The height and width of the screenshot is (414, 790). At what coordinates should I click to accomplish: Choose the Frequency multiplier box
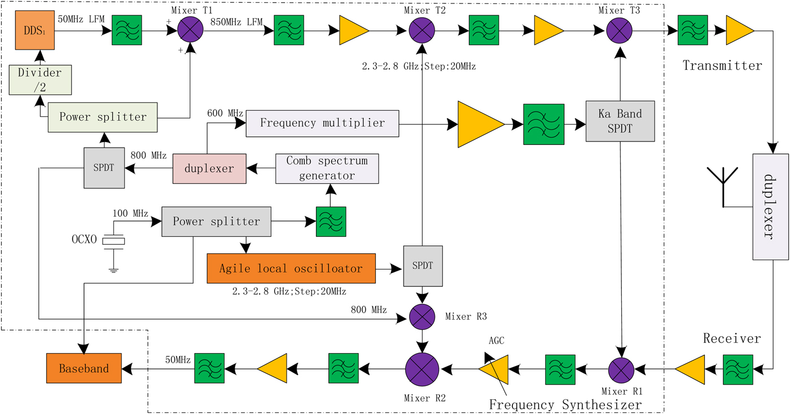point(322,123)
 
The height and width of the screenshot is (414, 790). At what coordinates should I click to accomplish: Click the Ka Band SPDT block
point(620,121)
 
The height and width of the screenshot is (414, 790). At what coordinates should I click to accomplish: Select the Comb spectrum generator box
point(327,168)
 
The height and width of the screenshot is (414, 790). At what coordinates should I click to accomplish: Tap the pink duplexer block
point(209,169)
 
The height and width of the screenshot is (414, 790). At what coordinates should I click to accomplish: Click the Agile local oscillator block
point(291,268)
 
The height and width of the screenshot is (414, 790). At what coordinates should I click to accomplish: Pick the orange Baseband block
point(85,369)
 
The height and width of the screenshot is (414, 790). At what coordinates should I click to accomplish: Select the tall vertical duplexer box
point(770,206)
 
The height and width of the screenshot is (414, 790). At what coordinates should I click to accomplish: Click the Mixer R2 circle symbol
point(422,369)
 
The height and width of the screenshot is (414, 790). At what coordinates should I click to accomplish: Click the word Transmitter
point(722,66)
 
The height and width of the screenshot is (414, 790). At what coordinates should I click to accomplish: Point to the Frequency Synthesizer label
point(565,404)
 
